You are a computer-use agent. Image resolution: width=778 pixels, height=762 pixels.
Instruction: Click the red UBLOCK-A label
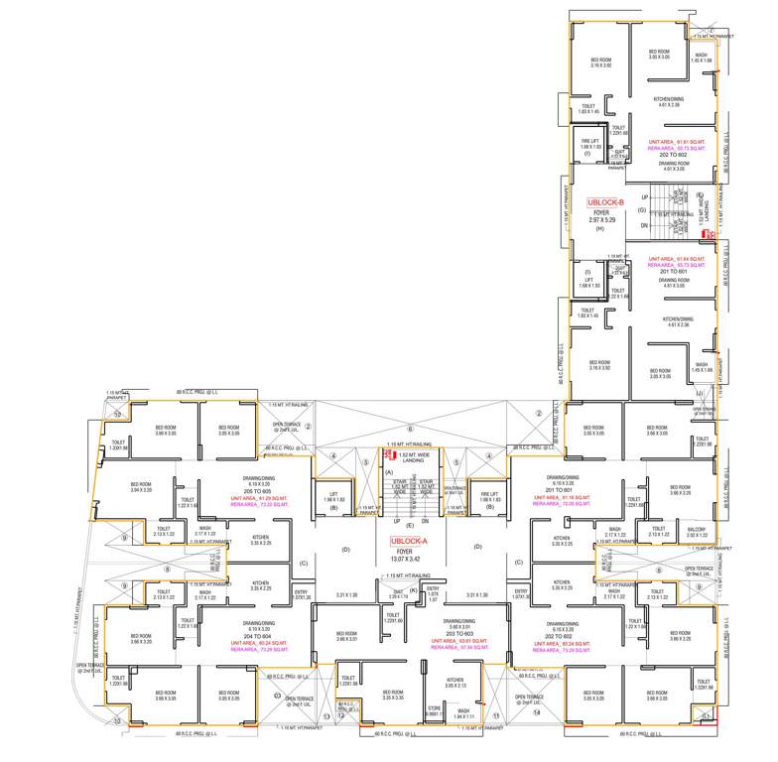click(x=409, y=542)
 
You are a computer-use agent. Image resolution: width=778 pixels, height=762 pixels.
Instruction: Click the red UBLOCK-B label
click(x=605, y=201)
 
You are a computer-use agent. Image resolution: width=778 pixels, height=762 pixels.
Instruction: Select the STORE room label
click(x=434, y=707)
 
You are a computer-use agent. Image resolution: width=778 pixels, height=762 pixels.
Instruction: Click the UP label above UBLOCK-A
click(x=397, y=520)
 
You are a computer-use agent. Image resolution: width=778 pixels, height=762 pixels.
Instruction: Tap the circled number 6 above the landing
click(x=409, y=428)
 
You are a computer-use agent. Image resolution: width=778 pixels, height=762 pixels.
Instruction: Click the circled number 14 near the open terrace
click(x=538, y=711)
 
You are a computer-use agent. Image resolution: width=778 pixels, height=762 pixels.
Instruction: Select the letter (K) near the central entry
click(x=412, y=590)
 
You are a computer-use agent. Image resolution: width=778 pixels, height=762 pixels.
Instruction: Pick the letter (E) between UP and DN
click(x=409, y=524)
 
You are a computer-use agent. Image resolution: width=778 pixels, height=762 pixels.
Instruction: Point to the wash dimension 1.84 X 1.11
click(x=462, y=715)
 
